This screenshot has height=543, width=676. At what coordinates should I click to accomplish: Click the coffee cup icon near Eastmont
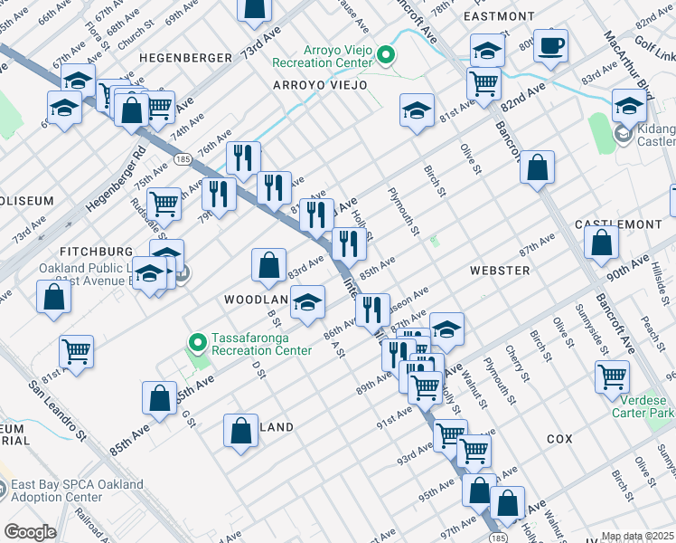(x=550, y=46)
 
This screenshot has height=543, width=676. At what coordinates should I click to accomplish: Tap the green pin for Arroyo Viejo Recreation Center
(x=386, y=56)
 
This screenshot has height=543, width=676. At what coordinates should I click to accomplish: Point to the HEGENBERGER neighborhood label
(x=185, y=57)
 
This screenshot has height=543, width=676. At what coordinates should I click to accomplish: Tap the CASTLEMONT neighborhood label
(x=624, y=223)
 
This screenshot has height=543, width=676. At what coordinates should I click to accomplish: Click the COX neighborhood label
(x=559, y=438)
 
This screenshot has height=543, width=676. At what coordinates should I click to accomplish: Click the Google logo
(x=30, y=532)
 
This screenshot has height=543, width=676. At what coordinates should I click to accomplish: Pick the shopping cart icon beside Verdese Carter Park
(x=613, y=376)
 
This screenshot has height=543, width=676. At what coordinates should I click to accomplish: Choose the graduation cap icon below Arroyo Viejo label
(x=415, y=112)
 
